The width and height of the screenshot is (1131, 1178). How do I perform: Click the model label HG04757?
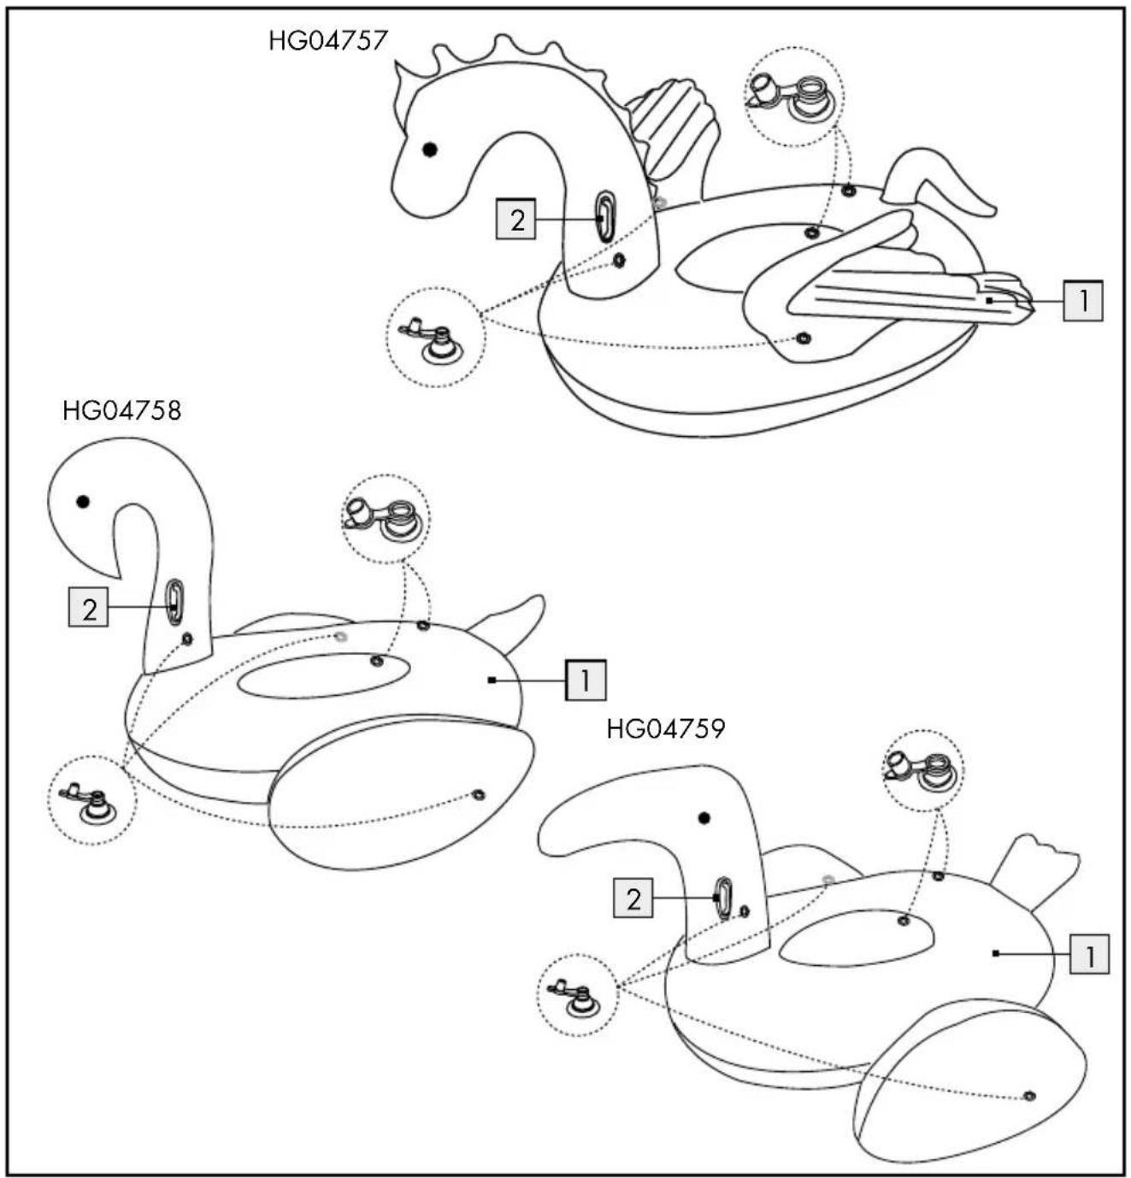pyautogui.click(x=327, y=40)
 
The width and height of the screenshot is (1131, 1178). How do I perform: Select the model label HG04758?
pyautogui.click(x=121, y=411)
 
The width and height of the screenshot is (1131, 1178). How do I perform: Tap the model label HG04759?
pyautogui.click(x=665, y=730)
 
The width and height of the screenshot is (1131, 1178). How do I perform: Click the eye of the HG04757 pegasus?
pyautogui.click(x=429, y=150)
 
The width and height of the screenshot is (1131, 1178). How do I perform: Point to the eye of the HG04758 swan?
pyautogui.click(x=83, y=501)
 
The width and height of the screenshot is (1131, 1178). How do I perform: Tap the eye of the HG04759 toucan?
pyautogui.click(x=704, y=818)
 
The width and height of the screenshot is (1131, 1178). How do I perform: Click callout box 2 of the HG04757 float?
pyautogui.click(x=515, y=219)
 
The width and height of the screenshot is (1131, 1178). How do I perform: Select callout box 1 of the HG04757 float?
pyautogui.click(x=1083, y=301)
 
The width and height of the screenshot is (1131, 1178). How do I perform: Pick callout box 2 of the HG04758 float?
pyautogui.click(x=88, y=607)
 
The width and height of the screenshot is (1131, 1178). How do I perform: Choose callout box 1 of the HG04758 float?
pyautogui.click(x=586, y=680)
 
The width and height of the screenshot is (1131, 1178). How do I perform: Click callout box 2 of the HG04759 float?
pyautogui.click(x=633, y=898)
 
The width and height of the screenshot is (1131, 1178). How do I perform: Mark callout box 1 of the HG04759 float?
pyautogui.click(x=1090, y=954)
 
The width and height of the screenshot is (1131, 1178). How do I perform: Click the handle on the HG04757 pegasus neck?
pyautogui.click(x=605, y=217)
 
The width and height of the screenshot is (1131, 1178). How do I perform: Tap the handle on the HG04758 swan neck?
pyautogui.click(x=175, y=602)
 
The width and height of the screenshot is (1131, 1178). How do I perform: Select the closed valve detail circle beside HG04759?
pyautogui.click(x=577, y=994)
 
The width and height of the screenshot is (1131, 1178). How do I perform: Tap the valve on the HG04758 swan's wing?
pyautogui.click(x=479, y=794)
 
